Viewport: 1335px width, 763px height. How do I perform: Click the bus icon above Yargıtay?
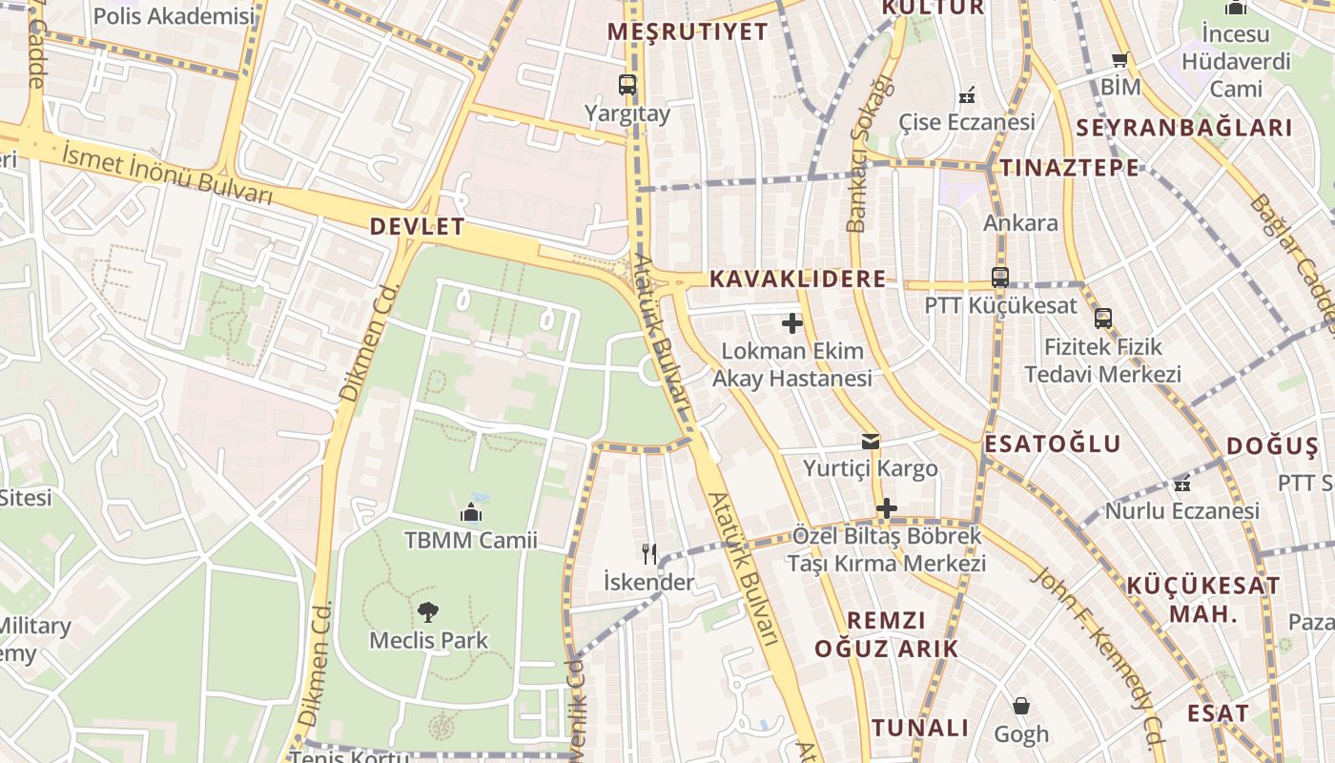(x=626, y=85)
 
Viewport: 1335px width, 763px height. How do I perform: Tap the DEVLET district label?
(x=417, y=227)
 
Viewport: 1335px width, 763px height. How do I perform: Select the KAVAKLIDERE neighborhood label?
(x=797, y=278)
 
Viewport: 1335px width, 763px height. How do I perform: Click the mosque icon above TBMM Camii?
(x=470, y=513)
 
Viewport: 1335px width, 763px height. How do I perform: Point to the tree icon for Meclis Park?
(x=428, y=612)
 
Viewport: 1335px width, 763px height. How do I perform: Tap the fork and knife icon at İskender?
(x=649, y=554)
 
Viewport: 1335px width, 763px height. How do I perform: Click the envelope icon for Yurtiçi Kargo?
(x=871, y=442)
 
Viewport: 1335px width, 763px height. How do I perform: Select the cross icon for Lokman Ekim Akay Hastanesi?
(x=791, y=323)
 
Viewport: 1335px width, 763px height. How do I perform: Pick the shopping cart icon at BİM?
(x=1120, y=60)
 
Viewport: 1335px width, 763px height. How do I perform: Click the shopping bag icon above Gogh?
(x=1020, y=707)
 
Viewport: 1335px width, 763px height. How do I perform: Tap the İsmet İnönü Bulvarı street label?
(x=168, y=172)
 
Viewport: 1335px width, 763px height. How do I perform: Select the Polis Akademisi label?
(x=175, y=16)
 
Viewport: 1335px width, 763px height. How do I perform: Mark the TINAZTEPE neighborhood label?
(x=1069, y=168)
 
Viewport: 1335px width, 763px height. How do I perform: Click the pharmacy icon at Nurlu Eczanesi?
(x=1182, y=484)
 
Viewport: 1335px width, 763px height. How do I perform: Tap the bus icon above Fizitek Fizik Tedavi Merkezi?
(x=1103, y=319)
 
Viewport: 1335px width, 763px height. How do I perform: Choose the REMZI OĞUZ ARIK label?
(x=886, y=634)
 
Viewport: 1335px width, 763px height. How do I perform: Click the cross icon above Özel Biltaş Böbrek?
(x=886, y=508)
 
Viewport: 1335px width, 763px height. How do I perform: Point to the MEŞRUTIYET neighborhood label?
(x=688, y=31)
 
